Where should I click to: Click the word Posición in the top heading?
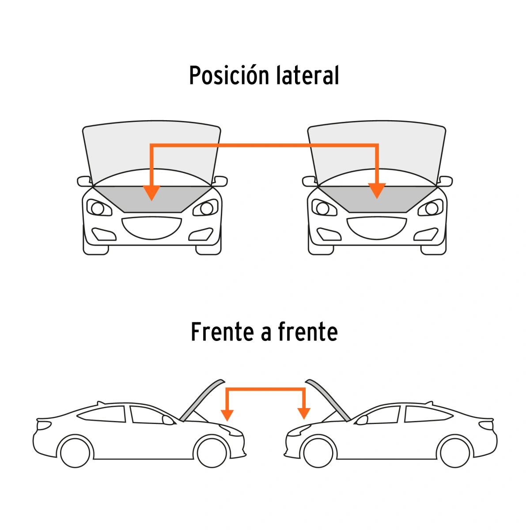tap(229, 75)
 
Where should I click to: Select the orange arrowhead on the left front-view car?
tap(151, 193)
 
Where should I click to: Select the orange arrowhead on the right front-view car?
tap(377, 191)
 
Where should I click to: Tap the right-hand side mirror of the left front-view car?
tap(220, 181)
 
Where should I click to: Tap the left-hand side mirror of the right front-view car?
tap(310, 181)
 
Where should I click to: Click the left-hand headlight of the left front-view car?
tap(99, 208)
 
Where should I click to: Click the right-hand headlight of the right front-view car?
tap(431, 208)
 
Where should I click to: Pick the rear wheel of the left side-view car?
tap(75, 452)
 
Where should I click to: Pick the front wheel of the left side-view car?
tap(212, 452)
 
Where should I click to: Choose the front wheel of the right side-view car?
tap(318, 452)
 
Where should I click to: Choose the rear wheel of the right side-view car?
tap(455, 452)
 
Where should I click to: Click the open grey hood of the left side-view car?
tap(202, 401)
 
